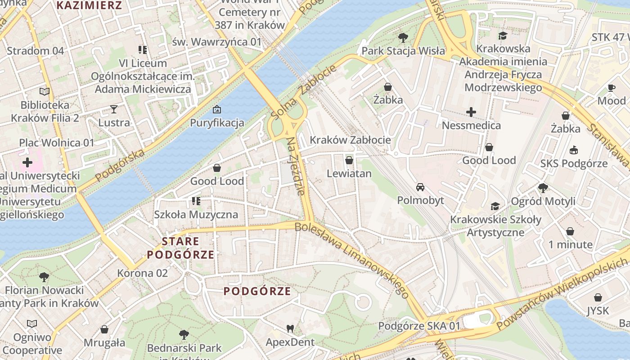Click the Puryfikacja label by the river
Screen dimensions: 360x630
pos(217,123)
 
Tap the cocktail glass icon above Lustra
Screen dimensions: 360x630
pos(114,109)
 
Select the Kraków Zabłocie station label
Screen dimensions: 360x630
pos(350,139)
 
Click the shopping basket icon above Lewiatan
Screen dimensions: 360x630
pos(349,160)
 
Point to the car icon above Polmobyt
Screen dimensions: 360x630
pos(420,187)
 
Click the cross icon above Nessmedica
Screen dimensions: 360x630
pos(471,112)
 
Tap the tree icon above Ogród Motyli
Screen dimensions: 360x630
pos(543,188)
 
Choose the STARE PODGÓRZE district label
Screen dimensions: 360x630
pos(180,248)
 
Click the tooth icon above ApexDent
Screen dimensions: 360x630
pos(290,329)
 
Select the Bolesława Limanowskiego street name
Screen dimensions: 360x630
pos(352,260)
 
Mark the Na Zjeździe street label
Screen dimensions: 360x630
pos(296,166)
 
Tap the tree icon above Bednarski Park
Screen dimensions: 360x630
pos(184,335)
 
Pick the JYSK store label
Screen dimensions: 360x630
pos(598,310)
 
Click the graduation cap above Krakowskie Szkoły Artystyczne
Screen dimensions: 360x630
pos(495,207)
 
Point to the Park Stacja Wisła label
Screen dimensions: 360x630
pos(403,51)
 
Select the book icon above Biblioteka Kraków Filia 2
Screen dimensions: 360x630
pos(44,92)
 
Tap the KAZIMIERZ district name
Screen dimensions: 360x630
pos(90,5)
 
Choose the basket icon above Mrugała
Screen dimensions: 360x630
pos(104,330)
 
